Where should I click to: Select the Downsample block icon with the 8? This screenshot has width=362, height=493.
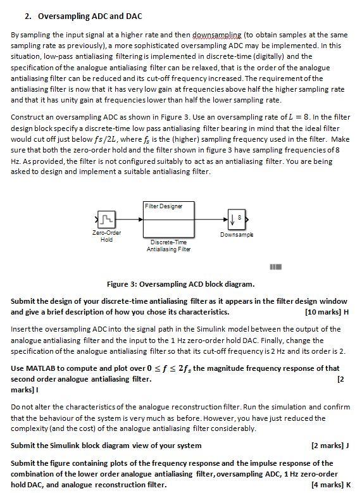click(x=235, y=219)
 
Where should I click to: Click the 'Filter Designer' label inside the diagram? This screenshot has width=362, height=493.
click(x=163, y=206)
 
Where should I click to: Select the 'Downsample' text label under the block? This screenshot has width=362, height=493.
click(x=236, y=234)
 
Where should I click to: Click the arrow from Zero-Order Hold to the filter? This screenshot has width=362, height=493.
click(x=128, y=219)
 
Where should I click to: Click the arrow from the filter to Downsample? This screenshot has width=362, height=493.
click(x=208, y=219)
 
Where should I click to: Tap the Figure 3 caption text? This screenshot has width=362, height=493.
click(x=181, y=284)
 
